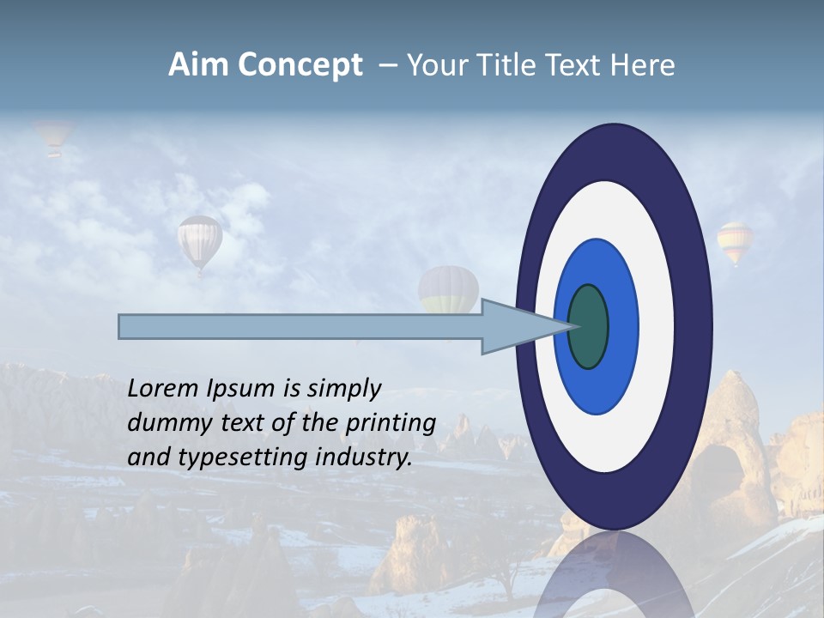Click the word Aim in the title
click(198, 65)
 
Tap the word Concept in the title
click(300, 65)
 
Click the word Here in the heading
click(643, 65)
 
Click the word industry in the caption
click(364, 457)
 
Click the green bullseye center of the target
click(588, 327)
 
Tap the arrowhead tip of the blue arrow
click(573, 327)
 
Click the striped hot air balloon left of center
click(200, 241)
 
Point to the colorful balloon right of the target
click(735, 242)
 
